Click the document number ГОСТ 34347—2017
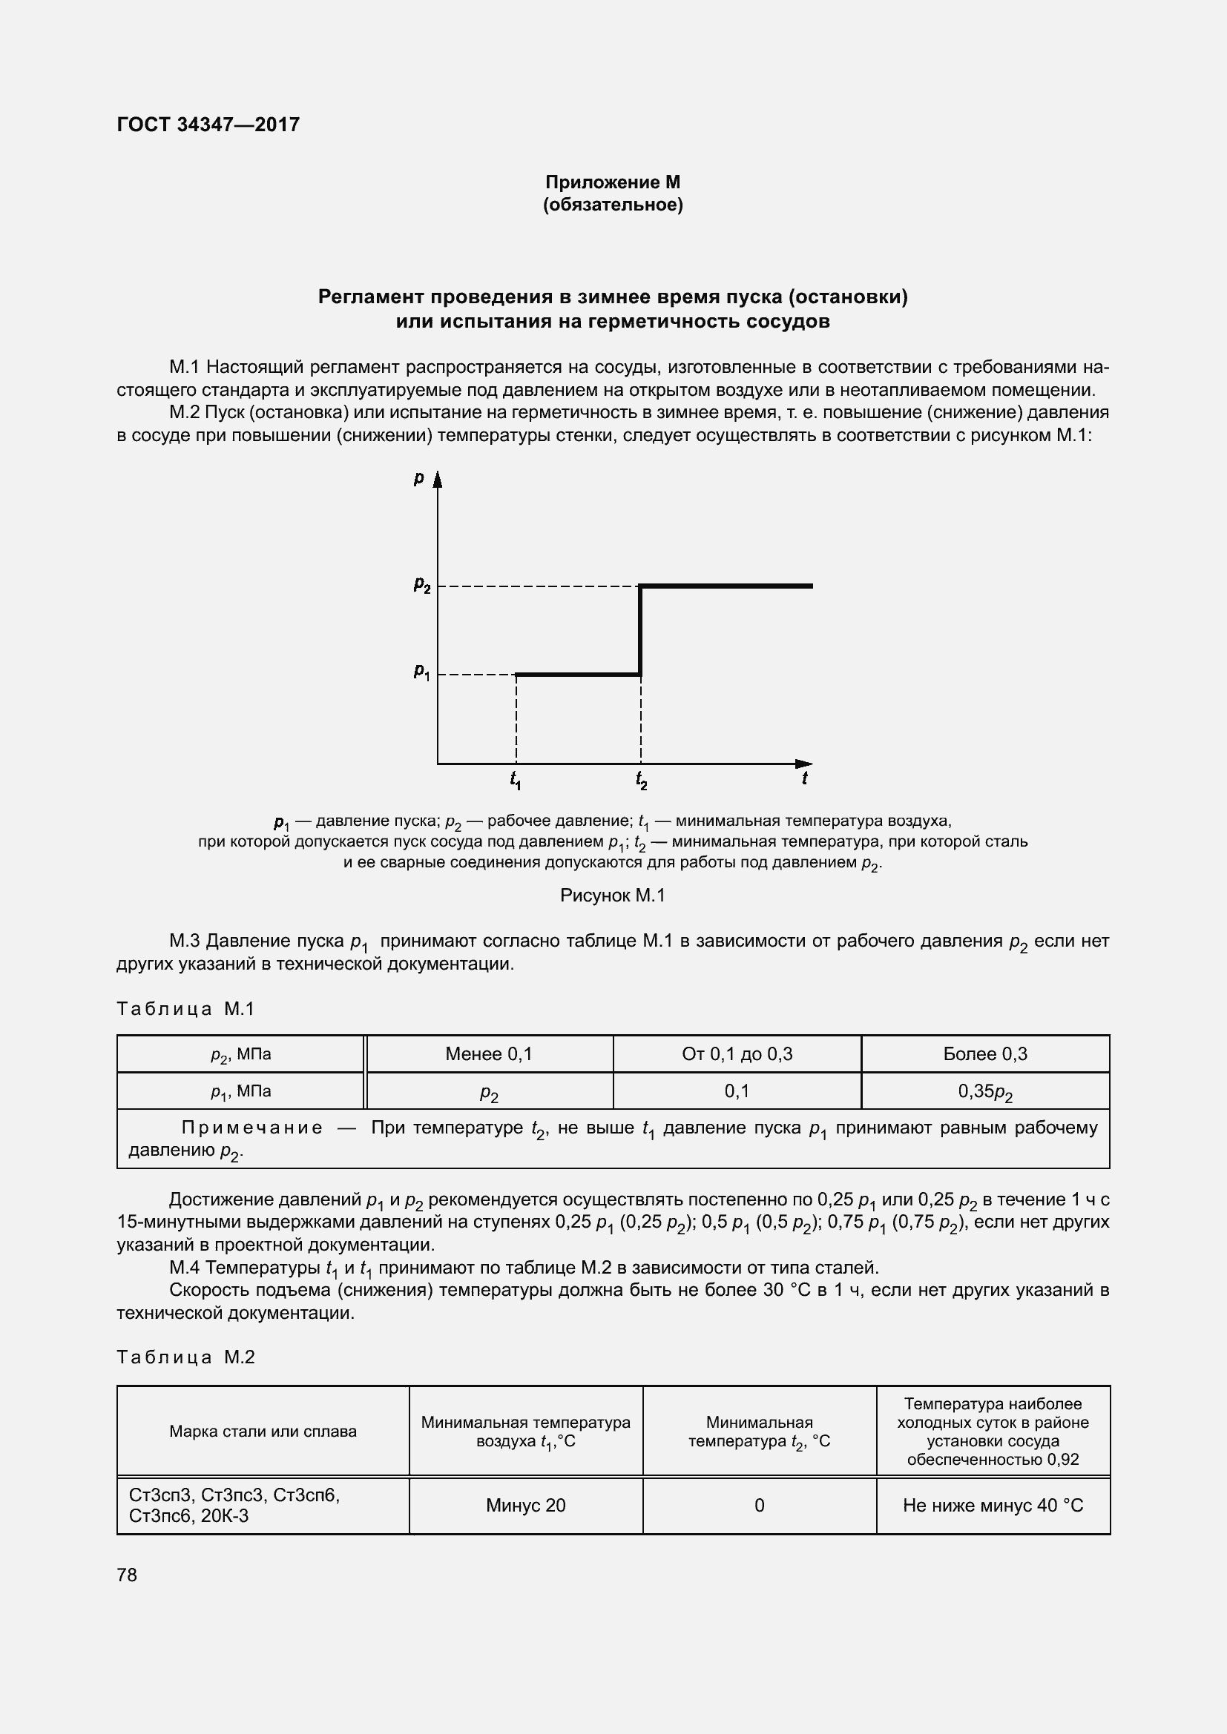coord(208,125)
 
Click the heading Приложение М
coord(612,182)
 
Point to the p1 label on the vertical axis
coord(421,672)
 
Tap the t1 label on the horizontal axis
coord(516,779)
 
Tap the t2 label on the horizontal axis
coord(641,779)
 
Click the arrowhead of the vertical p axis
coord(437,480)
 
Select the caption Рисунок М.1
coord(612,896)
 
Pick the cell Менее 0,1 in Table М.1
coord(489,1054)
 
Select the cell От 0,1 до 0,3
coord(737,1054)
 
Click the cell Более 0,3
coord(984,1054)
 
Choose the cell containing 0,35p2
coord(984,1092)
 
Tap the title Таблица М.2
coord(186,1357)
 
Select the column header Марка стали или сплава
coord(263,1431)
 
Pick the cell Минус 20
coord(525,1505)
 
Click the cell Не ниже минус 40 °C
coord(992,1505)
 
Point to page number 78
coord(127,1575)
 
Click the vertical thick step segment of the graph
coord(640,630)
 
